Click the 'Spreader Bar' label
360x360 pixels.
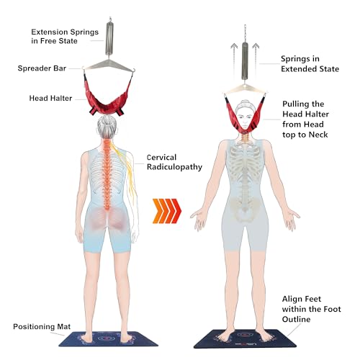(42, 68)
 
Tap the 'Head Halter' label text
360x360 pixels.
(50, 98)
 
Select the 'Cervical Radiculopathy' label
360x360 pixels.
(174, 162)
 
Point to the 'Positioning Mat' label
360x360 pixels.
(42, 327)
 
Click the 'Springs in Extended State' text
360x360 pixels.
(310, 64)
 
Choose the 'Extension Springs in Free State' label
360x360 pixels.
(65, 37)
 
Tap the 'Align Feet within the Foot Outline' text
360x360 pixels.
(311, 309)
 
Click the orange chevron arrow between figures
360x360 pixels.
(167, 211)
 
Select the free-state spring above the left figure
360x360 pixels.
(109, 38)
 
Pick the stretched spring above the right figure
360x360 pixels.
(245, 61)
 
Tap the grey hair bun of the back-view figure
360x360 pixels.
(107, 121)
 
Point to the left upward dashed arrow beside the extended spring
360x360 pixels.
(234, 59)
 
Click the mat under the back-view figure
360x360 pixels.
(108, 339)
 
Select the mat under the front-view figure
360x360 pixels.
(245, 339)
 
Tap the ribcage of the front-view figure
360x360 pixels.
(245, 163)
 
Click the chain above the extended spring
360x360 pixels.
(245, 33)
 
